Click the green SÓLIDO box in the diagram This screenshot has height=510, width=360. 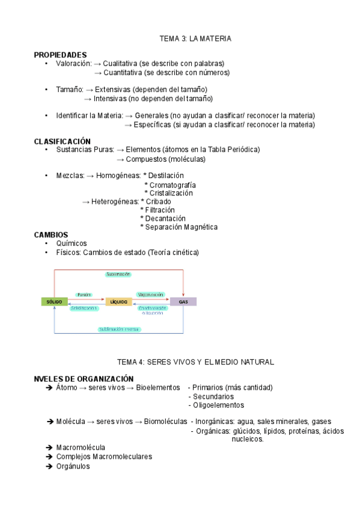pos(55,301)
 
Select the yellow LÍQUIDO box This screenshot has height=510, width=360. pos(118,301)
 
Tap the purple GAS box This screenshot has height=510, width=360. pos(183,301)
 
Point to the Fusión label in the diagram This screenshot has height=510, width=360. pos(84,295)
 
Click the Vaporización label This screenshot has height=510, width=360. pos(150,295)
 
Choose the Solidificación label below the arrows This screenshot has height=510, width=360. pos(84,308)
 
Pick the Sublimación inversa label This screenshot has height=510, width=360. pos(118,329)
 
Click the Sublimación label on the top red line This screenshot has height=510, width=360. pos(118,274)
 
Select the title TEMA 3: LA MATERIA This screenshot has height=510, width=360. pos(195,38)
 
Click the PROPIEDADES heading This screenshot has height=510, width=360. pos(60,55)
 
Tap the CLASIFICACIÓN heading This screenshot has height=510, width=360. pos(63,141)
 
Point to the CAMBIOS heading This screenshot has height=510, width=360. pos(51,235)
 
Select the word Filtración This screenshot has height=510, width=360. pos(159,210)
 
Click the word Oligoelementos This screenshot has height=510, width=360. pos(219,405)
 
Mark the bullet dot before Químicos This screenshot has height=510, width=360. pos(46,244)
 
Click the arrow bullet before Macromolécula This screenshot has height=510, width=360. pos(49,447)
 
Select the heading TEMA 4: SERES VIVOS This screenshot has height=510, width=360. pos(195,362)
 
